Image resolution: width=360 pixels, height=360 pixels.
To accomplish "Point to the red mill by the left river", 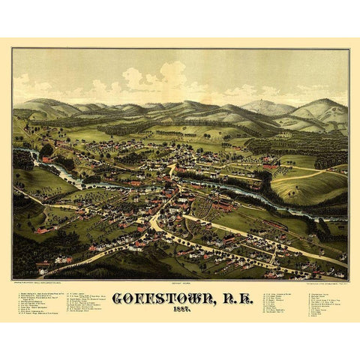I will pyautogui.click(x=48, y=160).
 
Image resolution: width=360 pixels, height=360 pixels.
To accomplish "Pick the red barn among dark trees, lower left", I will pyautogui.click(x=41, y=231).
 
